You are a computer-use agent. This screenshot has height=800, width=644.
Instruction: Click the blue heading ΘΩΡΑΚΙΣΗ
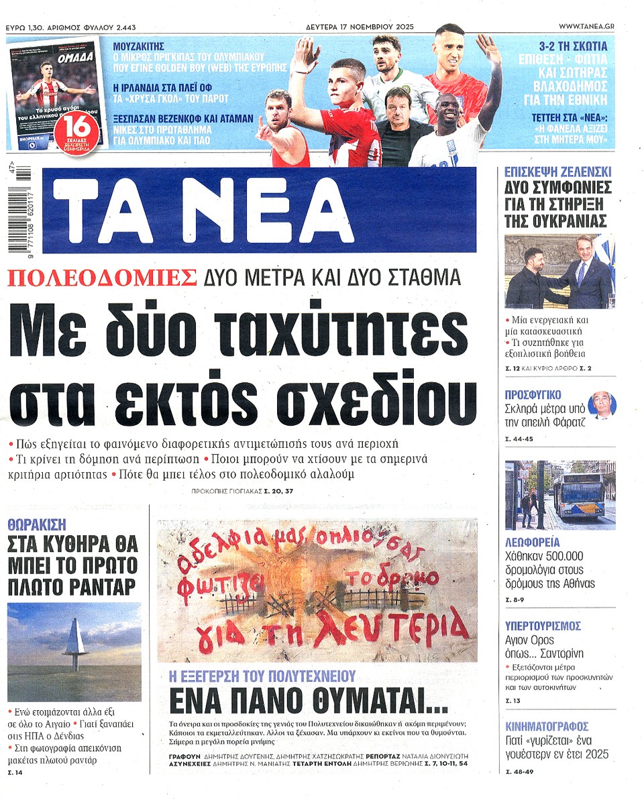(x=37, y=524)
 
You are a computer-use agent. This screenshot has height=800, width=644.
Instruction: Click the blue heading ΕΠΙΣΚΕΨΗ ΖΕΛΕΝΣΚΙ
(x=557, y=172)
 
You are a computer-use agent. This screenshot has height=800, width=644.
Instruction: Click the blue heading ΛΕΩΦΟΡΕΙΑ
(x=533, y=542)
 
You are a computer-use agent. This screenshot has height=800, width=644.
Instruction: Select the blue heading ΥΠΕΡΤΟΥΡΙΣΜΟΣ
(x=543, y=626)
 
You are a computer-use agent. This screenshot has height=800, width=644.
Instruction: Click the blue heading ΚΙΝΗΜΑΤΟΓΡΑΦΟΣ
(x=547, y=726)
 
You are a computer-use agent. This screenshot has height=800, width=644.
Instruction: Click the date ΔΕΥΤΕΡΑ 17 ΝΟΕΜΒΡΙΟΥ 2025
(x=356, y=26)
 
